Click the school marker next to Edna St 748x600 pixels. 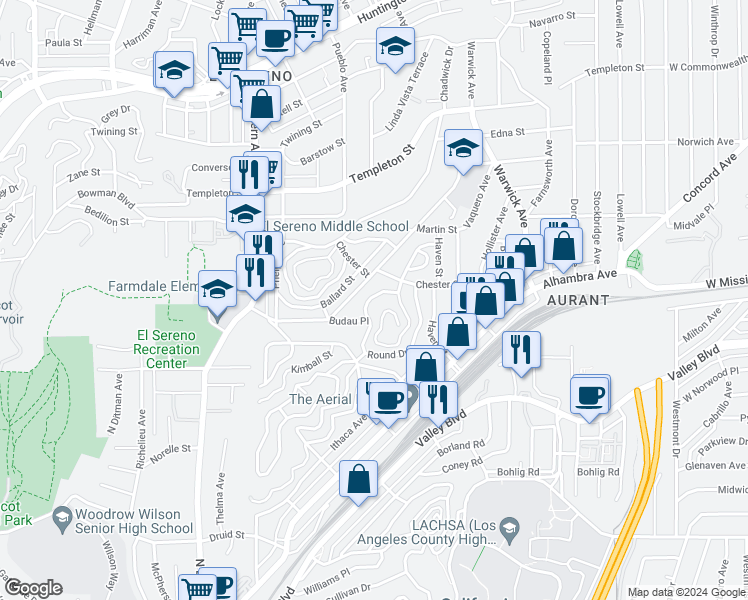tap(462, 150)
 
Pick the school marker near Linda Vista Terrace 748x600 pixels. tap(395, 47)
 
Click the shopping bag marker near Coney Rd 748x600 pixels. tap(358, 479)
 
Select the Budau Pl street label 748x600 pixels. tap(350, 321)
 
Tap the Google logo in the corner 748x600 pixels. tap(33, 588)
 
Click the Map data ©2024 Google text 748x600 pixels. tap(685, 592)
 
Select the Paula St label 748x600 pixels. tap(63, 43)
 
